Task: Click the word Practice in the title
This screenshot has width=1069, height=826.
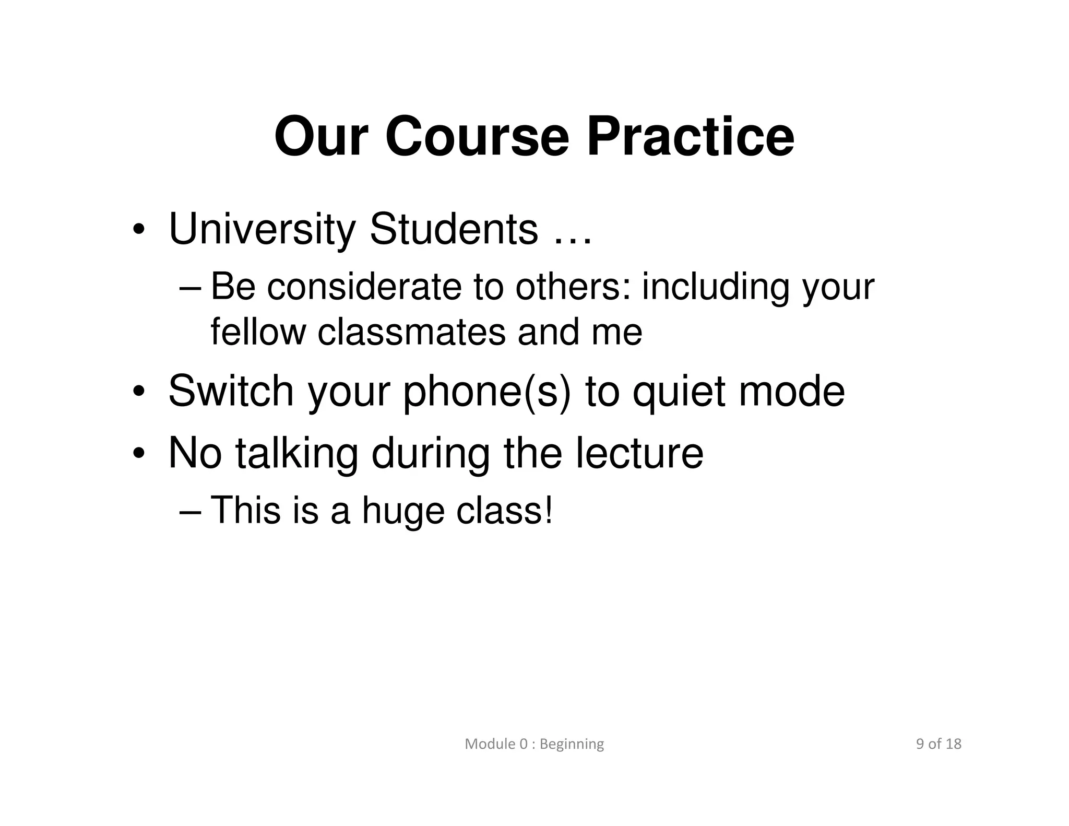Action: coord(690,137)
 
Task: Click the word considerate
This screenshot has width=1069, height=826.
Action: coord(364,287)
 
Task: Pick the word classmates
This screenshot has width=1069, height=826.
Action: coord(411,332)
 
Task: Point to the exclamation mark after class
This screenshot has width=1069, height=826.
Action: coord(548,509)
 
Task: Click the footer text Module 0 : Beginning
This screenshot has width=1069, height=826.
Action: coord(534,744)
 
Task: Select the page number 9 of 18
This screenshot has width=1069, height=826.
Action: coord(938,744)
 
